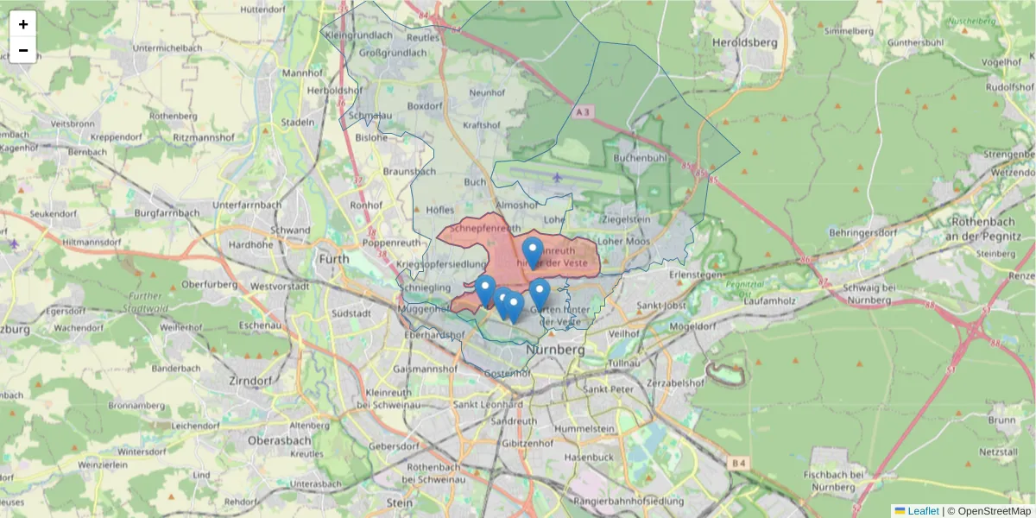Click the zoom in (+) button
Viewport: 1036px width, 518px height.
pos(22,24)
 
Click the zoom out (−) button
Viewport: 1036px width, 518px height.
pos(22,50)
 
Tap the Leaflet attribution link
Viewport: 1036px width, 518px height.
pos(923,511)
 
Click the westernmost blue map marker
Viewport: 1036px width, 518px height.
pos(485,290)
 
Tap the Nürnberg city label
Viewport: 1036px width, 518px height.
pos(554,351)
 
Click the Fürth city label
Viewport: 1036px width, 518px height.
pos(334,258)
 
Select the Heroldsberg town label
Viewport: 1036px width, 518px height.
pos(745,41)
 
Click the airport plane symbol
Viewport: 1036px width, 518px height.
pos(557,178)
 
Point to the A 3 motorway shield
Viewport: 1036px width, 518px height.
pos(584,111)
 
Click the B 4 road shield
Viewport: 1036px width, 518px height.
pos(737,464)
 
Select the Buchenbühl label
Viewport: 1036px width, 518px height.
pos(641,159)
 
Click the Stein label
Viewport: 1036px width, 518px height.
pos(400,502)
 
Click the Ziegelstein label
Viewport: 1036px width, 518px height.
pos(626,220)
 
